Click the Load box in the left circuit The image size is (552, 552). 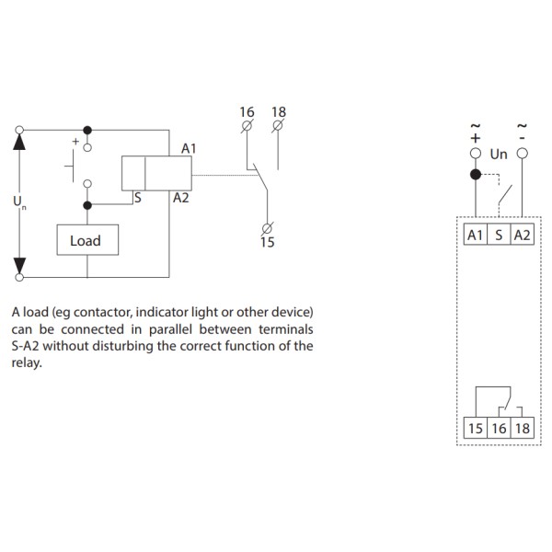pos(85,241)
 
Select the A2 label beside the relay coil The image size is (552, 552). pos(180,198)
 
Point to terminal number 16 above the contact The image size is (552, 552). pos(246,112)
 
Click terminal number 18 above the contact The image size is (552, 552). pos(279,112)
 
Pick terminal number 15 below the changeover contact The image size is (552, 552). pos(267,243)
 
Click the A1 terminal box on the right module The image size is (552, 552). pos(476,236)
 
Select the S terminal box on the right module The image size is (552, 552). pos(499,236)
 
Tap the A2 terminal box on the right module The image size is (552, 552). pos(522,236)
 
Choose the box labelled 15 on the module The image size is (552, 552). pos(476,429)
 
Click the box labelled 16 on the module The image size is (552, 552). pos(499,429)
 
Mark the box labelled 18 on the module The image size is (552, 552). pos(522,429)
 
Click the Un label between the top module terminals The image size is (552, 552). pos(499,155)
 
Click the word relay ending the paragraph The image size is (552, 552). pos(27,362)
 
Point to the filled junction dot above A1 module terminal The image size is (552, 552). pos(476,174)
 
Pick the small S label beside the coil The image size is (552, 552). pos(136,197)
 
